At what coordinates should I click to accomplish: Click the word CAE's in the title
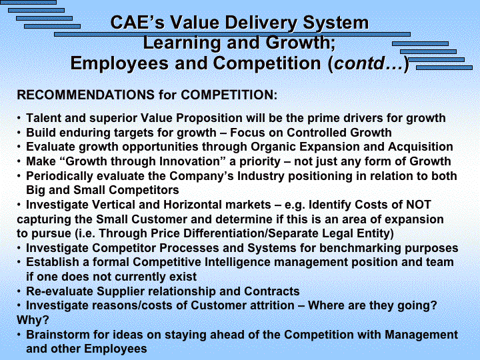click(137, 23)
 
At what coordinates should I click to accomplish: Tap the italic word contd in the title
click(359, 63)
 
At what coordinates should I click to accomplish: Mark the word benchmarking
click(360, 248)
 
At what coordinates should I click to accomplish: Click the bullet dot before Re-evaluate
click(19, 291)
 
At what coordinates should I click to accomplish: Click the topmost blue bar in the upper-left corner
click(28, 2)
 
